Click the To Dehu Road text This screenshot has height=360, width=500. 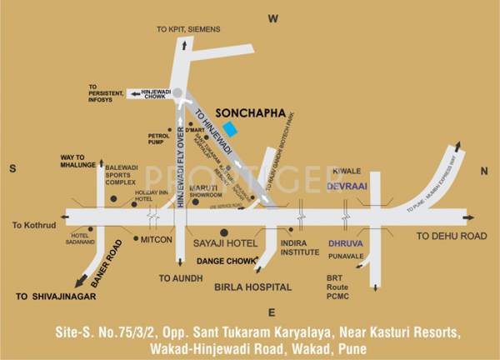point(451,237)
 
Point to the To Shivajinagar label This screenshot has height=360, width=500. point(57,296)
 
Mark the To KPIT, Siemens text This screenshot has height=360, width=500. point(188,29)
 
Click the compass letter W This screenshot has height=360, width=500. point(271,17)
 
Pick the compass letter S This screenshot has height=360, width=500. point(12,169)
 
